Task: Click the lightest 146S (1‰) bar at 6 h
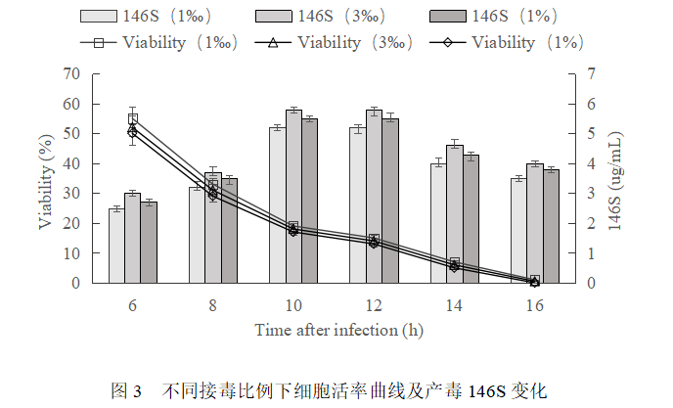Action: coord(116,246)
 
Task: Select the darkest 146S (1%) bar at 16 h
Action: coord(551,226)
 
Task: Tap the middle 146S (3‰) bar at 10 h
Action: coord(293,196)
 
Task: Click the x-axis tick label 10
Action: coord(293,304)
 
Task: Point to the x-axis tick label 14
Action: coord(454,304)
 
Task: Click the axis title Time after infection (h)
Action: coord(338,330)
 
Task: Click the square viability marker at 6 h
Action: coord(133,118)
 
